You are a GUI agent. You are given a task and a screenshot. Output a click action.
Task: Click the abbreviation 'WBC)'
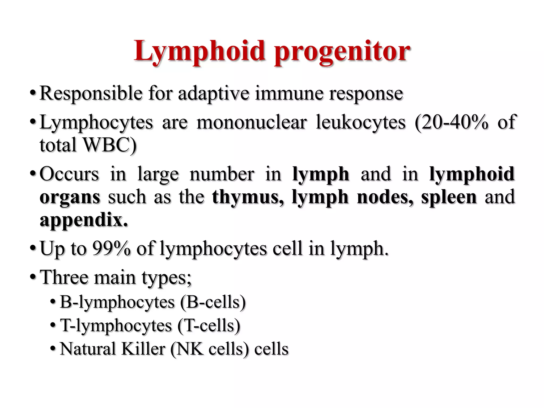(109, 145)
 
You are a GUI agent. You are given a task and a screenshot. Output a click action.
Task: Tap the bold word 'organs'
(70, 198)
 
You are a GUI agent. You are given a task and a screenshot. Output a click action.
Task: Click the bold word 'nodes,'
(385, 197)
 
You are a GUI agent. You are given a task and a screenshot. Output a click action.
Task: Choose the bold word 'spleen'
(449, 198)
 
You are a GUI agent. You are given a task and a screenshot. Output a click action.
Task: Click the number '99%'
(111, 249)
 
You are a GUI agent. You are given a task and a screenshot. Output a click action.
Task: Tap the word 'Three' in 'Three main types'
(64, 277)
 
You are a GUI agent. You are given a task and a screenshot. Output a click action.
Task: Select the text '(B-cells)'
(213, 302)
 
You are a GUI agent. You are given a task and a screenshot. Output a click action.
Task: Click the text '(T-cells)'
(209, 326)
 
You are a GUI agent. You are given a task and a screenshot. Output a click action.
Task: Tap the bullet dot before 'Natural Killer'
(53, 348)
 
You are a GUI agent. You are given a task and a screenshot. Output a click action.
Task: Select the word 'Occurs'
(69, 174)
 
